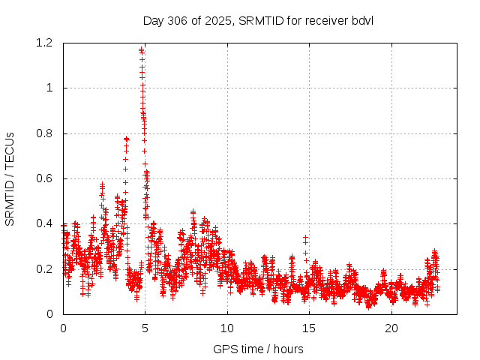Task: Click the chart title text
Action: coord(258,20)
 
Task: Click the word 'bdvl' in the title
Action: coord(362,20)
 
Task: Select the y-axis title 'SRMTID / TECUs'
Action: coord(10,178)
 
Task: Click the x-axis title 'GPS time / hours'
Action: coord(258,349)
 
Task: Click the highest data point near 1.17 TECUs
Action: coord(141,50)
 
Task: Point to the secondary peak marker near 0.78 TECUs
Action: coord(126,139)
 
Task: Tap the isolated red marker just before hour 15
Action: coord(305,238)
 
